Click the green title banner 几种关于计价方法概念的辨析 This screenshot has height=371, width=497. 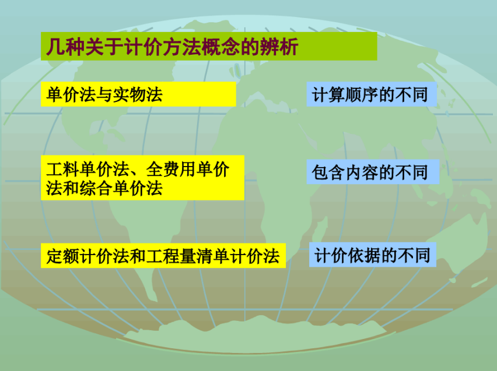(x=209, y=46)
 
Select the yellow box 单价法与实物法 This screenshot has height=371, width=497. (x=138, y=94)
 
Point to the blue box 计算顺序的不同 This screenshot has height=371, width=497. (x=372, y=94)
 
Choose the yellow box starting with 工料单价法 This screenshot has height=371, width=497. (x=143, y=178)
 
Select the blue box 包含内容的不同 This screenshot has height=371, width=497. (x=373, y=172)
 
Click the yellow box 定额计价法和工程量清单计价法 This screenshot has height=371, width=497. (x=163, y=256)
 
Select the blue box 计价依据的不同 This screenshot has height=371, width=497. (x=373, y=255)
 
